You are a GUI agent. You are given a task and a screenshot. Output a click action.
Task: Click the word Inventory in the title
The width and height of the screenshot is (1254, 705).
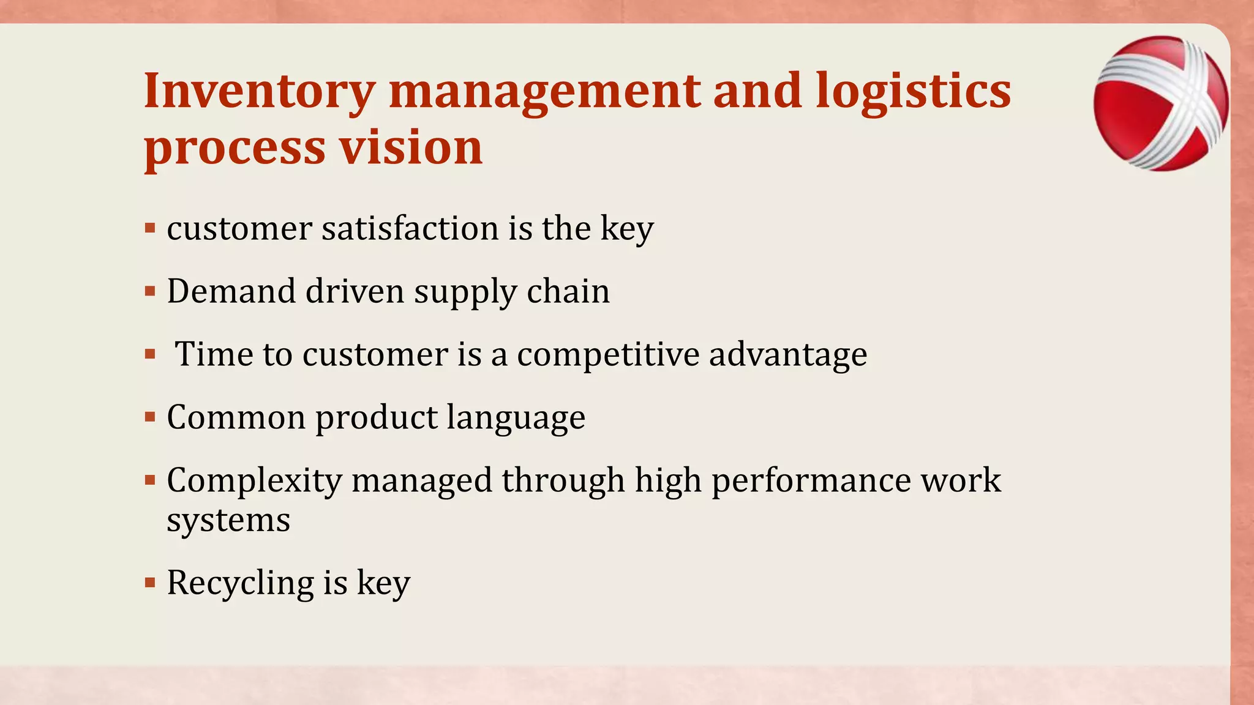tap(259, 92)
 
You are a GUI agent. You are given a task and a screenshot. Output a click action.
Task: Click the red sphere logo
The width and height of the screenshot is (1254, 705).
tap(1160, 103)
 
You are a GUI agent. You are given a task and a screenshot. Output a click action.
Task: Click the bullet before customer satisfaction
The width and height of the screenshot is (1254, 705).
tap(150, 229)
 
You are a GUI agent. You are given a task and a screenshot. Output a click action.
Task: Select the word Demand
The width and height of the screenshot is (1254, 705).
tap(231, 291)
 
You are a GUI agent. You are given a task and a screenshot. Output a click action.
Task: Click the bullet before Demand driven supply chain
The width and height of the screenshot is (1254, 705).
tap(150, 292)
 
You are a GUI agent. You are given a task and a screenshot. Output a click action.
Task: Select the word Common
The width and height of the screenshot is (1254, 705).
tap(236, 417)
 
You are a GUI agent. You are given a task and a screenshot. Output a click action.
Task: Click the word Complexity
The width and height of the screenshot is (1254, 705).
tap(254, 481)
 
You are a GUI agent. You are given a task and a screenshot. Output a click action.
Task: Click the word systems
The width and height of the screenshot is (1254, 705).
tap(228, 521)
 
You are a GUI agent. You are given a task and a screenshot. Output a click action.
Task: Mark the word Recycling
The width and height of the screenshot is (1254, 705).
tap(239, 583)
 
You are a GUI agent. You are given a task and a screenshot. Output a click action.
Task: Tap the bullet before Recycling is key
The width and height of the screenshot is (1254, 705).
tap(150, 582)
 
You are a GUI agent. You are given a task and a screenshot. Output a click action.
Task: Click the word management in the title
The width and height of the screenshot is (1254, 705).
tap(545, 92)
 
